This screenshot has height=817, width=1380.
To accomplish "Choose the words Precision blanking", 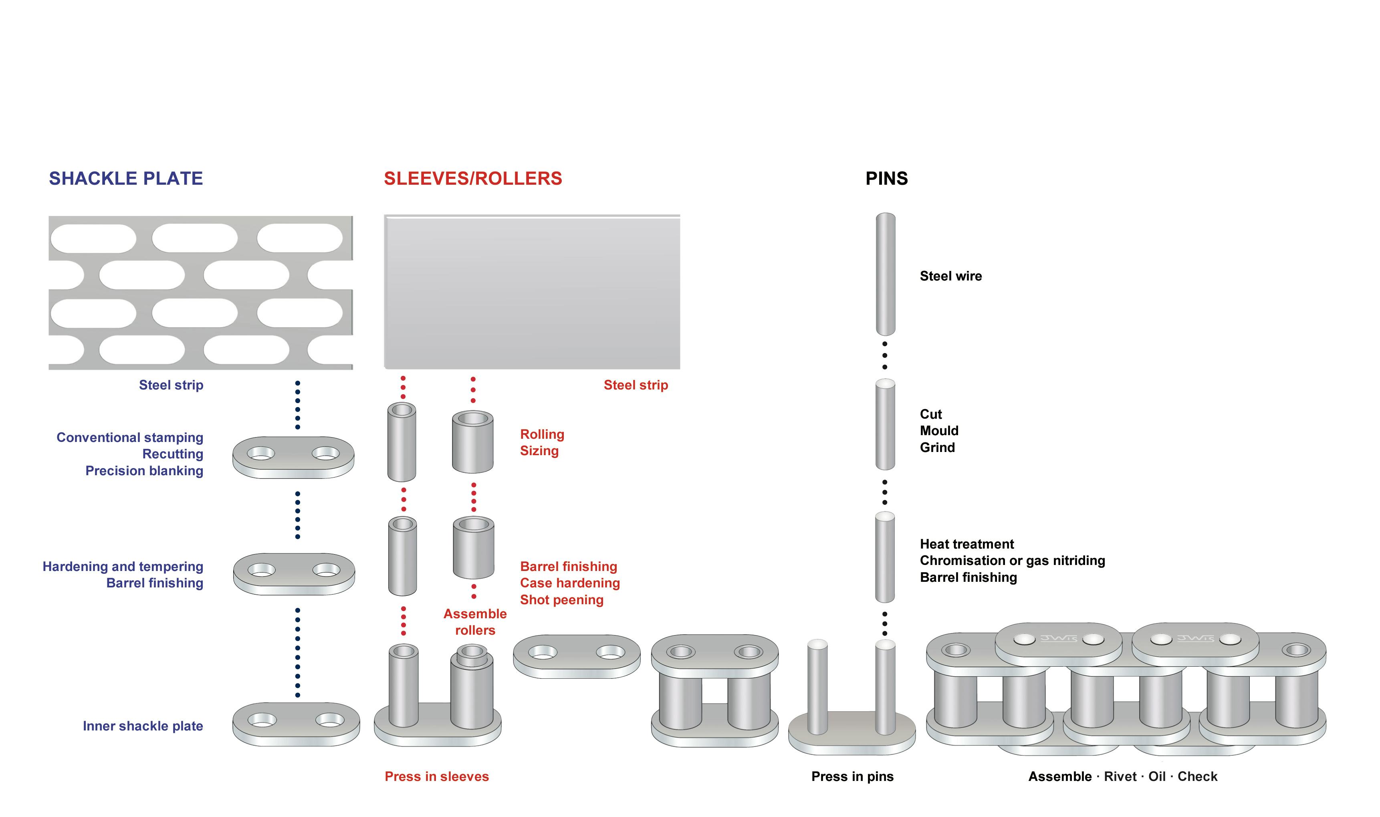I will coord(144,471).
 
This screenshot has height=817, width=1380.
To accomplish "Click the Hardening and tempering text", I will coord(123,567).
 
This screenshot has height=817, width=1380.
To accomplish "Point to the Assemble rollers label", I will coord(475,622).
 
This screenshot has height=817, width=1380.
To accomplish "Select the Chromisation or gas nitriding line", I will coord(1012,561).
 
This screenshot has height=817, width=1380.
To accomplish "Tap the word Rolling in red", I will coord(542,434).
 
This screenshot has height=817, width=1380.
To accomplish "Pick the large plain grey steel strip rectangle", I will coord(532,292).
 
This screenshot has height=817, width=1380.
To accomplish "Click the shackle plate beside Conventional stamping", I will coord(293,457).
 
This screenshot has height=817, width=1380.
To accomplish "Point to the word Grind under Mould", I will coord(937,448).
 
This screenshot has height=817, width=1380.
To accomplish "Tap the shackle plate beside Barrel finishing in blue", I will coord(294,574).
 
